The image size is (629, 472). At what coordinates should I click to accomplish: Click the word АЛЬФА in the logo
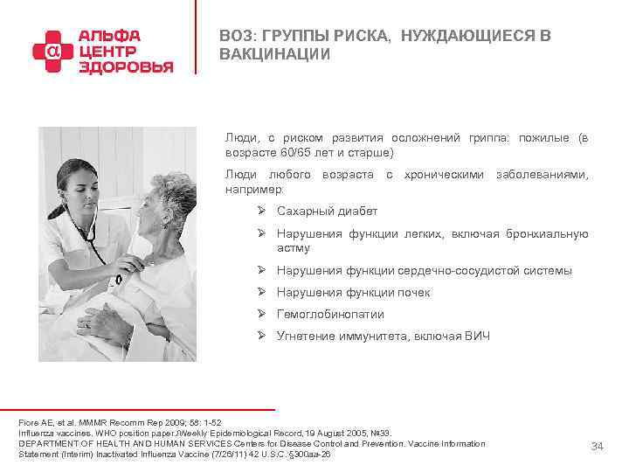[109, 36]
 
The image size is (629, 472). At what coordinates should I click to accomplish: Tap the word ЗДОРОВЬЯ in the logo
[126, 67]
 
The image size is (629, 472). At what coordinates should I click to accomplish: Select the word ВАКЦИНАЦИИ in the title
[275, 54]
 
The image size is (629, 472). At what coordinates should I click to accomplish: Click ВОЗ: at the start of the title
[239, 36]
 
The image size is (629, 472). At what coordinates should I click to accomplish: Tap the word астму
[293, 248]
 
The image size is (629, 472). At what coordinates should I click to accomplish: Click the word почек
[413, 293]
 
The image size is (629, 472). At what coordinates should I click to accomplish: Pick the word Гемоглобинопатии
[330, 315]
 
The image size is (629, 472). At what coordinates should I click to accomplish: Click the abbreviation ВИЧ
[479, 337]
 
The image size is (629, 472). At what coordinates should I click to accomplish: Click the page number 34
[597, 447]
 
